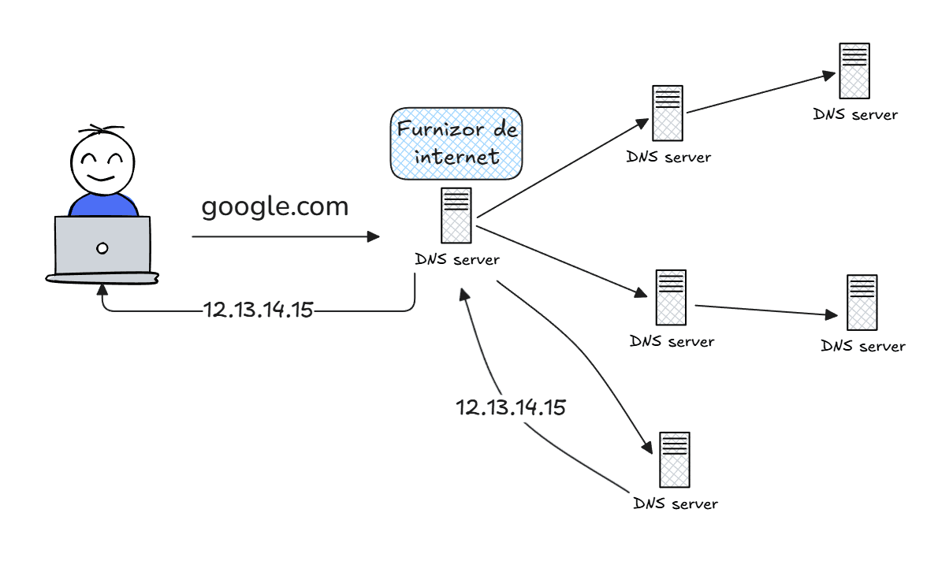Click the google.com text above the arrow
pos(274,207)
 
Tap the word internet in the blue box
pos(457,156)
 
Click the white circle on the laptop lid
pos(102,248)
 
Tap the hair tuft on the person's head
pos(102,129)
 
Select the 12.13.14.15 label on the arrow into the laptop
pos(259,310)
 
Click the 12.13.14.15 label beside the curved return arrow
pos(511,407)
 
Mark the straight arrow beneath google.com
pos(284,236)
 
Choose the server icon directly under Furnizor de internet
pos(456,215)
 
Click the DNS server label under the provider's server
pos(457,258)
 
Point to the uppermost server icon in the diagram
pos(854,70)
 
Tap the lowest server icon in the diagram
pos(675,459)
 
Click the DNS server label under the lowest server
pos(676,503)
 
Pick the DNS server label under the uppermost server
pos(855,114)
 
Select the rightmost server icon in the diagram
pos(862,303)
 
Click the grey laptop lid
pos(102,245)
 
